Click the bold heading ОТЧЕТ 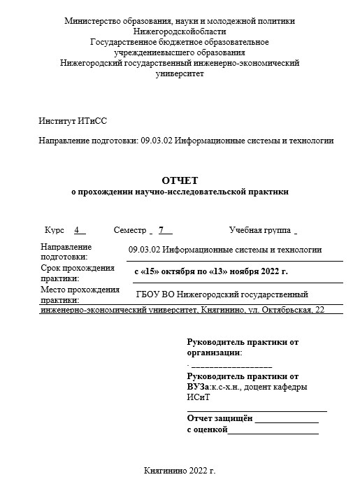click(180, 180)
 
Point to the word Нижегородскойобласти click(180, 31)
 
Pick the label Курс click(55, 230)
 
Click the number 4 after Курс click(78, 230)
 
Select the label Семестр click(129, 230)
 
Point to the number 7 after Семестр click(161, 230)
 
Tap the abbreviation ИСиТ click(198, 397)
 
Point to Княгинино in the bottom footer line click(164, 471)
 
